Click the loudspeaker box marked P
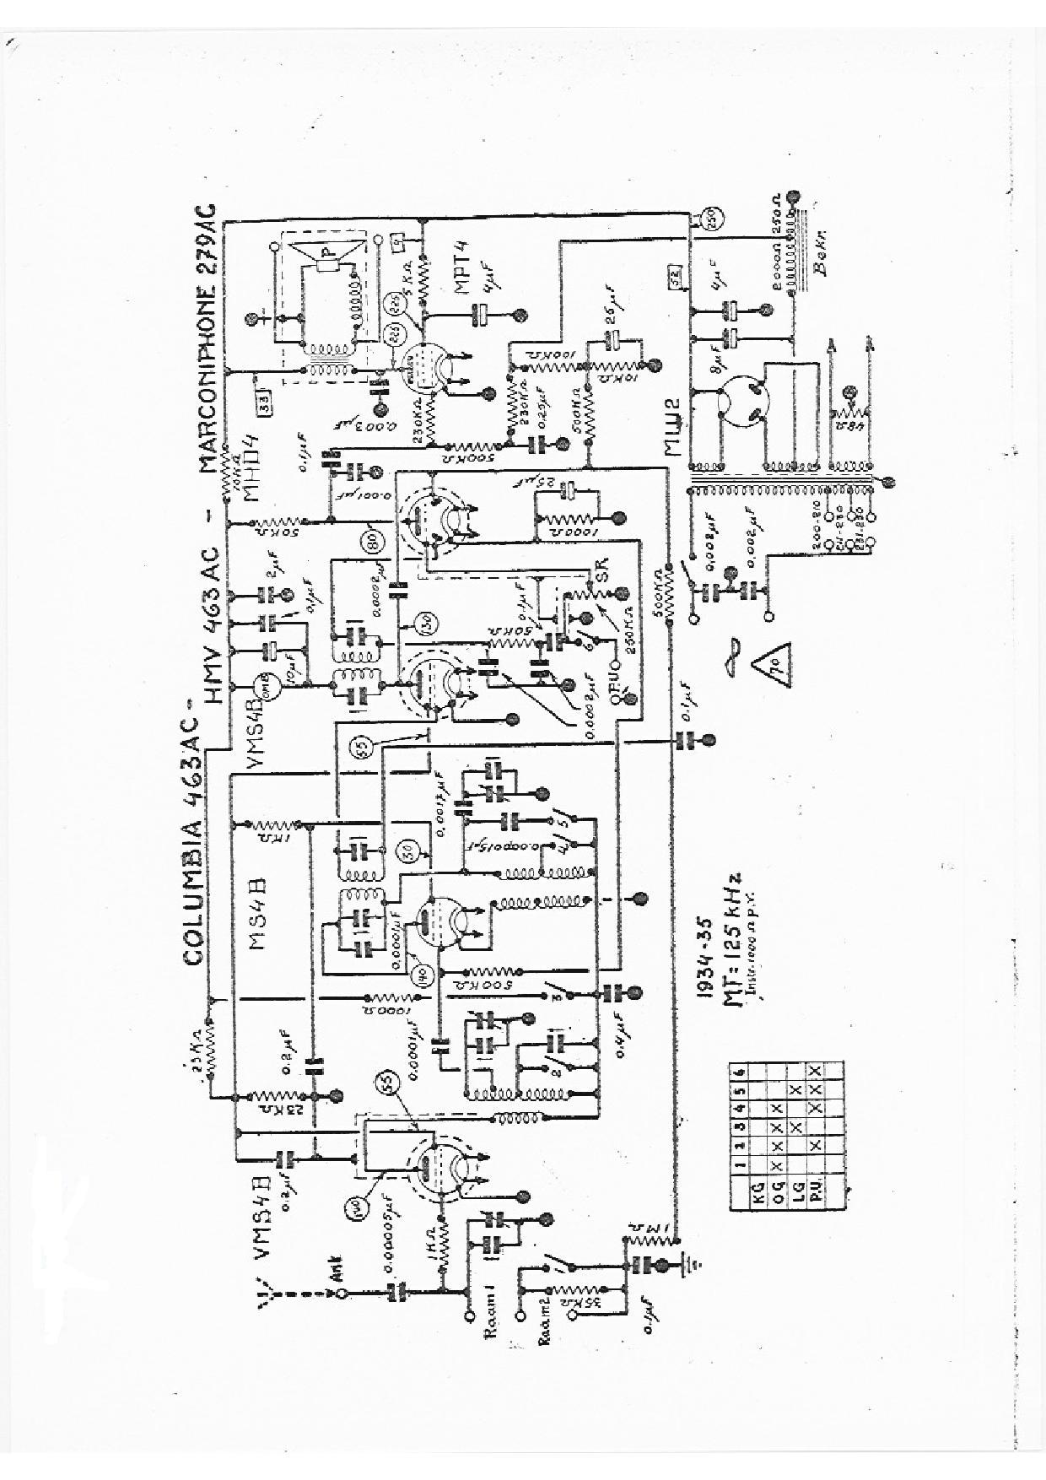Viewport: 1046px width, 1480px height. [332, 251]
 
